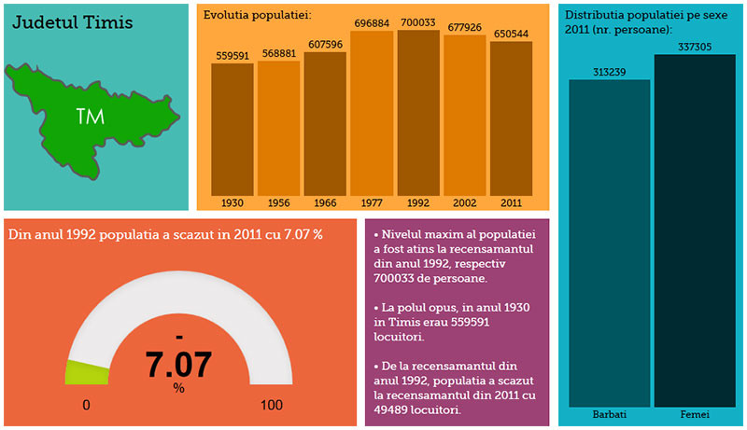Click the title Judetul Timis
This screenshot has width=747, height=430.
point(72,21)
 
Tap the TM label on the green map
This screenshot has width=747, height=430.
point(90,117)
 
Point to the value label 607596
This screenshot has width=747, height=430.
point(325,44)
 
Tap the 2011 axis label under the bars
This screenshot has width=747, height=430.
point(510,202)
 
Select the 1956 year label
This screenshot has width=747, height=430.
point(278,202)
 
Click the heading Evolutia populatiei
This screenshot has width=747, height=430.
point(258,15)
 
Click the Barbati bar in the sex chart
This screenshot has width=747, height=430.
point(609,243)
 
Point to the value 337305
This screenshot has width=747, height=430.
point(694,46)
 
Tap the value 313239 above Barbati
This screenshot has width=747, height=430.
point(609,71)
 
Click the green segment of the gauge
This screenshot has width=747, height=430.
point(86,371)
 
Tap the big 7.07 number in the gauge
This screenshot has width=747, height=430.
point(178,364)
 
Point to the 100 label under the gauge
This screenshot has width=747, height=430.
point(271,406)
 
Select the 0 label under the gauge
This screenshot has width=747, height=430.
point(86,406)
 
